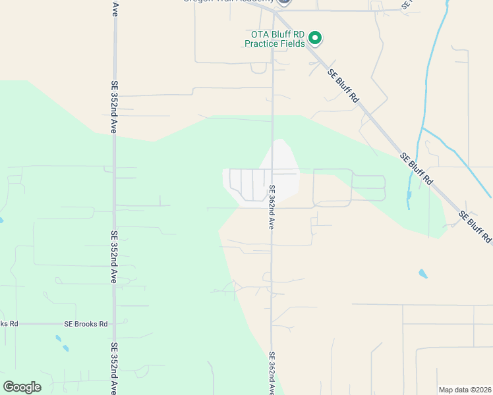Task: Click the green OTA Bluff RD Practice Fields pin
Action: point(315,38)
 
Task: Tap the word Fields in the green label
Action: point(293,44)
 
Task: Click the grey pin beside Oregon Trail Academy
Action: point(284,2)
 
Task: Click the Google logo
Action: point(22,387)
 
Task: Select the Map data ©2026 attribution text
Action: point(465,390)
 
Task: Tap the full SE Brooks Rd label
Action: point(86,324)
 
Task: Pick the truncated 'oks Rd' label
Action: point(9,324)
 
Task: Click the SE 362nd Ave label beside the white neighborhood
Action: point(272,206)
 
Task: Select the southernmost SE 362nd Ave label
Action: point(272,373)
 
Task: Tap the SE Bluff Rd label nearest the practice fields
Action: point(345,86)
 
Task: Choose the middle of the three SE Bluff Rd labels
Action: point(417,168)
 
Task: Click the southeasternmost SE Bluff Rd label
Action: point(475,228)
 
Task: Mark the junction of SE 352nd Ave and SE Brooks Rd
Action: point(114,324)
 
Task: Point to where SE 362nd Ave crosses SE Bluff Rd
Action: point(274,11)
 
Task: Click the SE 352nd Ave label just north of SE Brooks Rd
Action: point(114,256)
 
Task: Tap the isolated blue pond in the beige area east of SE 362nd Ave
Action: point(422,273)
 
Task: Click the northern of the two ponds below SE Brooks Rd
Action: point(58,338)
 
